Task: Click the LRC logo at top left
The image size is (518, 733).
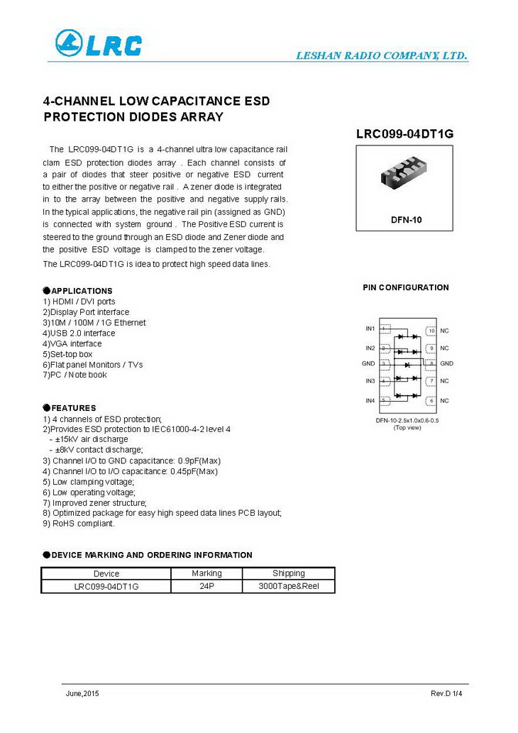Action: coord(99,44)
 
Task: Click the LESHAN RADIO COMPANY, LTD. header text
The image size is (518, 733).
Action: coord(381,56)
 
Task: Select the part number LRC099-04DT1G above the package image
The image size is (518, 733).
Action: coord(404,133)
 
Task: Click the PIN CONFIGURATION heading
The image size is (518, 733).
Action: coord(406,287)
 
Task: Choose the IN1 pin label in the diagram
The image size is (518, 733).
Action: coord(370,329)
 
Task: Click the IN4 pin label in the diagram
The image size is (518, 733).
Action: coord(370,401)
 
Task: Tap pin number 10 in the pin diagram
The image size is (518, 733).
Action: coord(430,331)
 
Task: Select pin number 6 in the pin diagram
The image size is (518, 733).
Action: coord(430,402)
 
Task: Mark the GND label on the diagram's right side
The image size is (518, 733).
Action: coord(446,363)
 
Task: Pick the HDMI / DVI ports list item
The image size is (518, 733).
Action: coord(79,302)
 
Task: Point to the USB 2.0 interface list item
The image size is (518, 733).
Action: coord(79,333)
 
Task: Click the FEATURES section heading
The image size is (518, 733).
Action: coord(73,408)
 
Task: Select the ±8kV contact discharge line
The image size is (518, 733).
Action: coord(96,450)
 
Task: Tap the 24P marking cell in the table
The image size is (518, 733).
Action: coord(206,586)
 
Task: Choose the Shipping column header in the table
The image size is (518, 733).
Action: coord(288,573)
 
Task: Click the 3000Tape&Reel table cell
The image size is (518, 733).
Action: coord(289,586)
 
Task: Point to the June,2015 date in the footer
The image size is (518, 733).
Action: coord(82,693)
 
